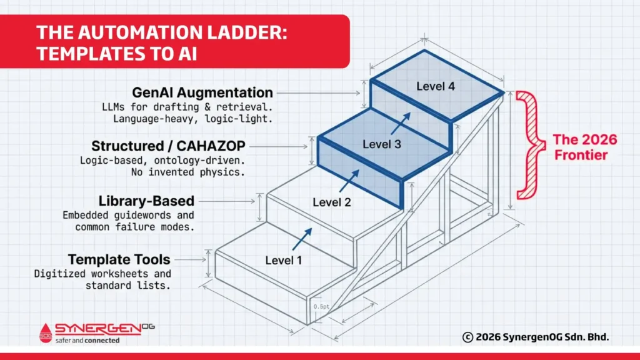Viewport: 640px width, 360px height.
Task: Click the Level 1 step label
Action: pyautogui.click(x=284, y=260)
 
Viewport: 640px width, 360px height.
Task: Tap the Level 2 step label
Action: pyautogui.click(x=332, y=202)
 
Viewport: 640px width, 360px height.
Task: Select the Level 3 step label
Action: pyautogui.click(x=382, y=144)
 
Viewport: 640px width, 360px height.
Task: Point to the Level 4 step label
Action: pyautogui.click(x=436, y=86)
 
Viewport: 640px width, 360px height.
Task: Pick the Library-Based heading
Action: pyautogui.click(x=146, y=201)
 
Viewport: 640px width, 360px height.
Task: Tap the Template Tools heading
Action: pyautogui.click(x=119, y=259)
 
